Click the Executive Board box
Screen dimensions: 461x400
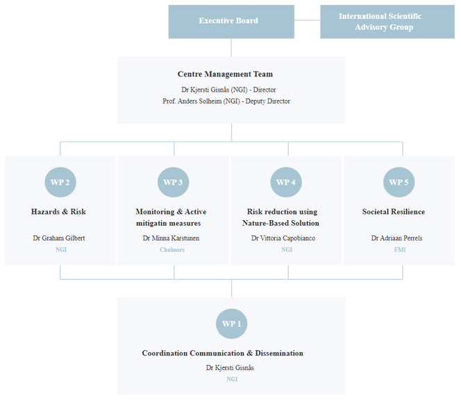point(231,22)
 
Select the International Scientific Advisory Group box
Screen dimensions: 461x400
point(387,22)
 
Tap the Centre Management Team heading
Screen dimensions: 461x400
point(225,74)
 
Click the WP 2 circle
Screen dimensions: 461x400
point(60,182)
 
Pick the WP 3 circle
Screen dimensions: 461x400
point(173,182)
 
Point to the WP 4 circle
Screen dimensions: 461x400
point(286,182)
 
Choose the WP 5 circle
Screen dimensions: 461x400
point(399,182)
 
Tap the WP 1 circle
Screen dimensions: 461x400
point(232,324)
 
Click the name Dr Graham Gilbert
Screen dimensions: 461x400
point(59,238)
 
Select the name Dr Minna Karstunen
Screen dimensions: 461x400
point(171,238)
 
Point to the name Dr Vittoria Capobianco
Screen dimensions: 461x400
point(283,238)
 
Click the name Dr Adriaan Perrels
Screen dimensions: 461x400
point(396,238)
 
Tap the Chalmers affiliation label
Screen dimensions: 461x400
point(172,250)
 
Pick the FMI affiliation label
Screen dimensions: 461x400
point(400,250)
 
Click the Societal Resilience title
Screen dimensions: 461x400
point(394,212)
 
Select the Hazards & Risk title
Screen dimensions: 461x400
point(58,212)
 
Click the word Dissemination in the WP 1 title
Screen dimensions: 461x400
point(279,353)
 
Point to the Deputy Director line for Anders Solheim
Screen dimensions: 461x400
point(226,101)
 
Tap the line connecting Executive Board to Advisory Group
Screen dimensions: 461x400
point(308,20)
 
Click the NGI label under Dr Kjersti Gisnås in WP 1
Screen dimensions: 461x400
point(232,379)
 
